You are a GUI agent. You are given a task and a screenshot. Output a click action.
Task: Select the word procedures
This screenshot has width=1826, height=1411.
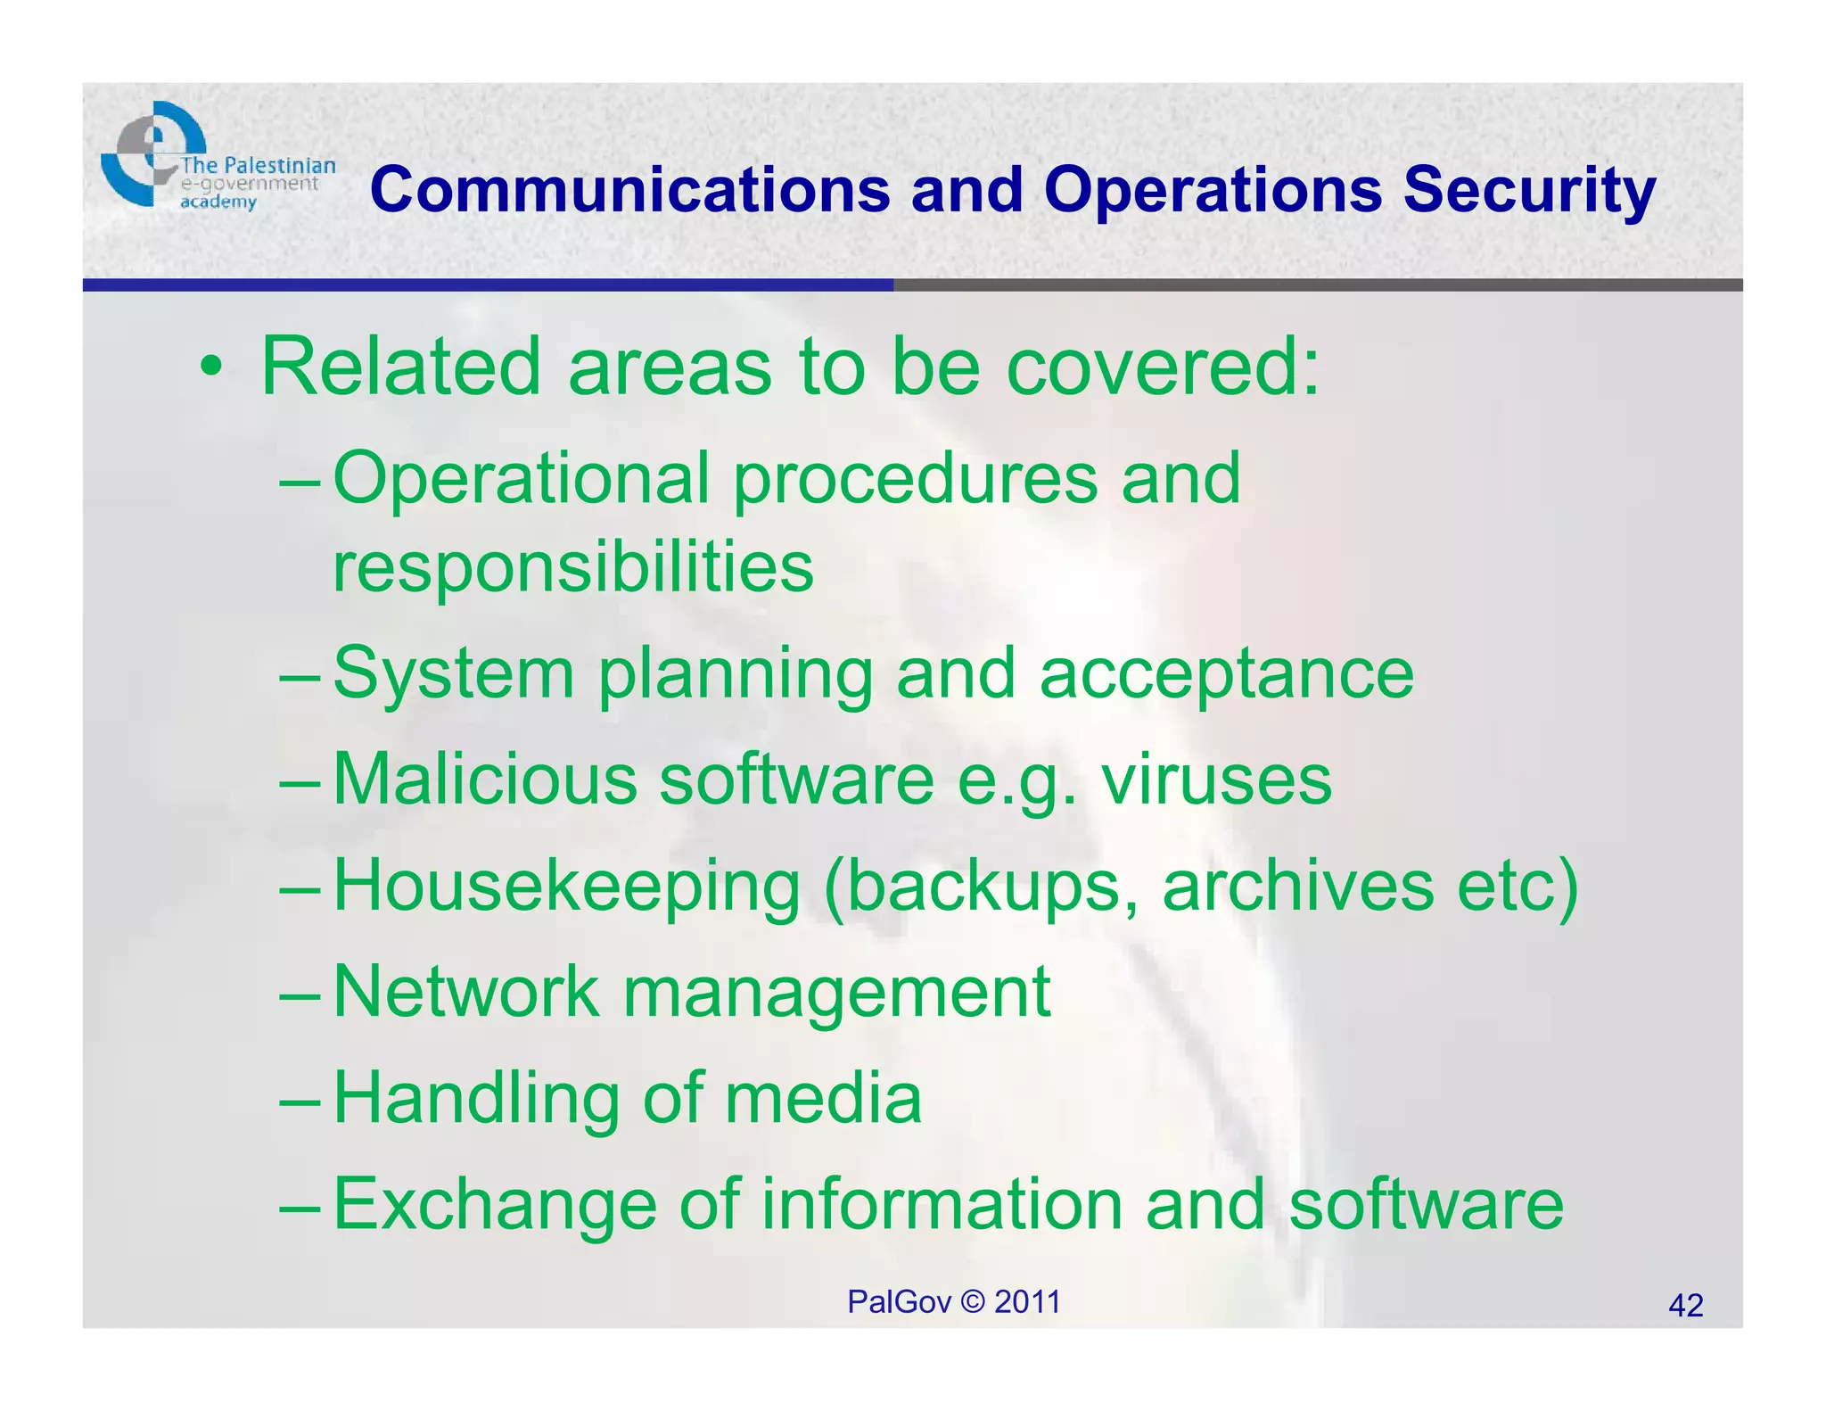coord(914,479)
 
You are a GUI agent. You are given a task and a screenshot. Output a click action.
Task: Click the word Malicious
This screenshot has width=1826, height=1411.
coord(484,779)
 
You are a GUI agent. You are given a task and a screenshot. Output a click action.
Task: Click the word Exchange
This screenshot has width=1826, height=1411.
coord(495,1204)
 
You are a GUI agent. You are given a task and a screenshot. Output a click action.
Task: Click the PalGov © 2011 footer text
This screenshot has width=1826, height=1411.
coord(953,1302)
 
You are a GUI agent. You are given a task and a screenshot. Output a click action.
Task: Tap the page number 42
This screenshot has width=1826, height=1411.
coord(1685,1306)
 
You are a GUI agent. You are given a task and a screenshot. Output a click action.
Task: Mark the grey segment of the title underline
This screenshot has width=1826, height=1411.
coord(1318,285)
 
